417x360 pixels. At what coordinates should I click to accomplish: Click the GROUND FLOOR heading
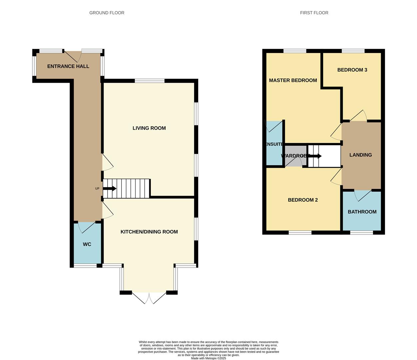(107, 13)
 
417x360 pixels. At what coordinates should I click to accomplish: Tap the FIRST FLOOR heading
(314, 13)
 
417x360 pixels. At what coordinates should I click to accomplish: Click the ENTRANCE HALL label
(68, 66)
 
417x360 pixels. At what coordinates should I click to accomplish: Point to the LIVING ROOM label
(149, 128)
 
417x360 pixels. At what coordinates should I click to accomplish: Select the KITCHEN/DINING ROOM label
(149, 232)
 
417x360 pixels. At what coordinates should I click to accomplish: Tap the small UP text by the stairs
(97, 189)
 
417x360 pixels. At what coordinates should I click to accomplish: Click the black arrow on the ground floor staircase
(110, 189)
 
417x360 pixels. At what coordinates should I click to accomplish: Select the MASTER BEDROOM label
(293, 80)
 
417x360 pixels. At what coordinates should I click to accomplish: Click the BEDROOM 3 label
(352, 70)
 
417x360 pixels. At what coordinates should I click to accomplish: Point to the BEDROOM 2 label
(303, 200)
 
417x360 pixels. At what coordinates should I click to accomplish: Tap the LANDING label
(360, 155)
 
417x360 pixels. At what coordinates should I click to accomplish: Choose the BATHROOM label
(362, 212)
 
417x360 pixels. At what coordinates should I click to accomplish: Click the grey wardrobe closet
(295, 156)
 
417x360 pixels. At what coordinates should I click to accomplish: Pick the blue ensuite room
(274, 143)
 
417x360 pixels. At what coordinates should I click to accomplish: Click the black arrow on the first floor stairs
(315, 156)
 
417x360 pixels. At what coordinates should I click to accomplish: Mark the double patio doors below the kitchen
(149, 298)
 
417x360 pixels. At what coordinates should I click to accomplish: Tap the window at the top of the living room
(150, 81)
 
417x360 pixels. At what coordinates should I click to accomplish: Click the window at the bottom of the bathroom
(361, 232)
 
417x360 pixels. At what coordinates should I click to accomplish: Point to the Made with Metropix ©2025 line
(209, 358)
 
